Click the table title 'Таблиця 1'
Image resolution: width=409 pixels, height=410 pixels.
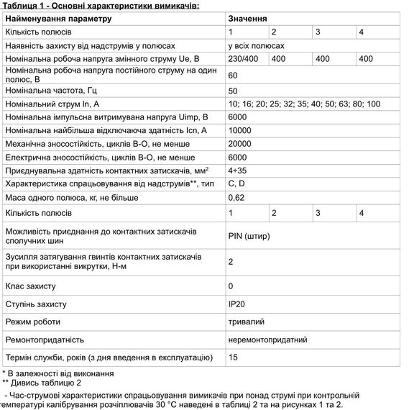[x=100, y=6]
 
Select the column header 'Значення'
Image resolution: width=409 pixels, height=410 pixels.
[x=248, y=18]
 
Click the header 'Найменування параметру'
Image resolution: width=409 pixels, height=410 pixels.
[x=58, y=18]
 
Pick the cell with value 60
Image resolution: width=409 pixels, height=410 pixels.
[x=233, y=76]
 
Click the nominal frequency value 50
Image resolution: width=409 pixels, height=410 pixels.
[x=233, y=91]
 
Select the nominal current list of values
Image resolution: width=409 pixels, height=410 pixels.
[x=304, y=104]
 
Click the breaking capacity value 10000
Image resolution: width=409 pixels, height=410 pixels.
[x=240, y=130]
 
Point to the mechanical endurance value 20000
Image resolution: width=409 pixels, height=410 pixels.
[x=240, y=143]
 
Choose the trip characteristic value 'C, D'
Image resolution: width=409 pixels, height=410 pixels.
[x=236, y=184]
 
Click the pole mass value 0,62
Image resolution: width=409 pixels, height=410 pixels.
[x=236, y=198]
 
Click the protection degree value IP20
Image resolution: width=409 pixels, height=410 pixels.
[x=236, y=304]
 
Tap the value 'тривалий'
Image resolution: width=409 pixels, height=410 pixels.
[x=246, y=322]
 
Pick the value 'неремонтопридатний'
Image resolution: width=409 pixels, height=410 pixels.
[x=268, y=339]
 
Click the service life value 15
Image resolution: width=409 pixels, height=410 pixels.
[x=233, y=357]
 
